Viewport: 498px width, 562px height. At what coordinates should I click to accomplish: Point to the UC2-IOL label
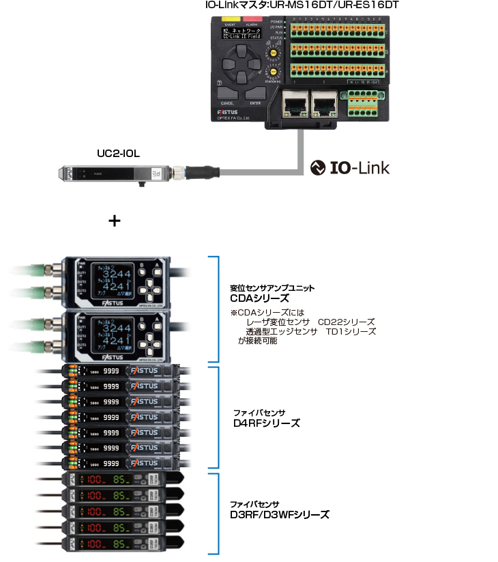click(x=118, y=154)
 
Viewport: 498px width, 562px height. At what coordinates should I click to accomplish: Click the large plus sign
click(x=115, y=221)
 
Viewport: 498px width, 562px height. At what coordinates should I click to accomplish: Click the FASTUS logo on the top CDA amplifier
click(x=113, y=300)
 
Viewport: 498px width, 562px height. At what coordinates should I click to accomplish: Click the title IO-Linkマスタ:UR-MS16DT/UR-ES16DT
click(x=302, y=5)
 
